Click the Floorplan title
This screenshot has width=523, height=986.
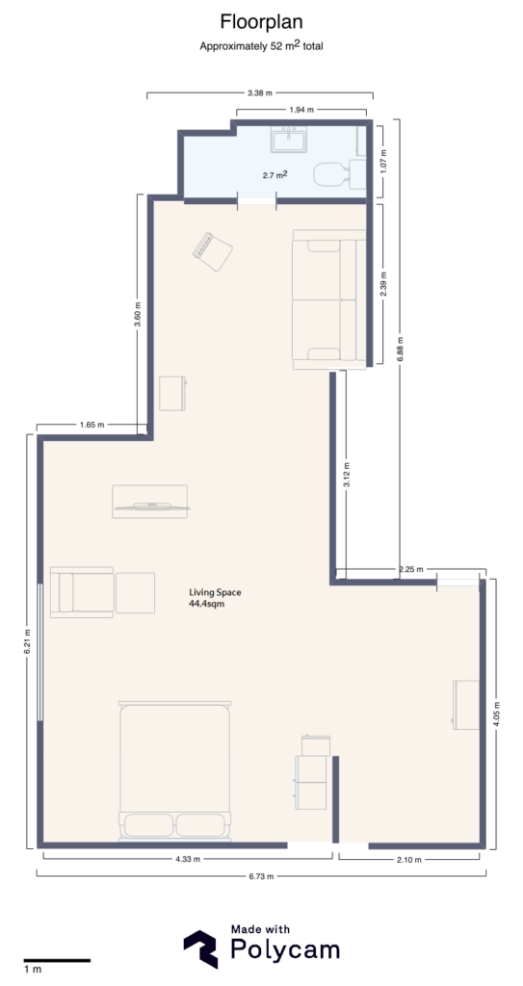[x=260, y=21]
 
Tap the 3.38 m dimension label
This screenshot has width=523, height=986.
[x=260, y=93]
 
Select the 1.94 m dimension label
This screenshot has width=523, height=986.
[x=301, y=111]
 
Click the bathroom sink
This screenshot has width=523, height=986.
[x=289, y=141]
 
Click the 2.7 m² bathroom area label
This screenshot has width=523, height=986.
[x=276, y=175]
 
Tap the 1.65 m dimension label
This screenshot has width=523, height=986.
[x=92, y=425]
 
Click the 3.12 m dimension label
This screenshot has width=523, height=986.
[x=347, y=476]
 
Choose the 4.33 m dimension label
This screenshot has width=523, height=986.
[x=186, y=859]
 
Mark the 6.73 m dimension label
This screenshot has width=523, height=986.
[x=260, y=876]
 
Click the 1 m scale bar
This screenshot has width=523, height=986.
[x=57, y=960]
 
